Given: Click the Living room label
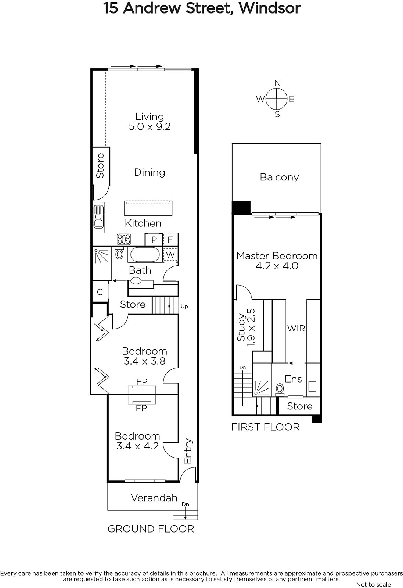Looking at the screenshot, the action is click(x=150, y=117).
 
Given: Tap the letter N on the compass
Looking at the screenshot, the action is click(x=277, y=83).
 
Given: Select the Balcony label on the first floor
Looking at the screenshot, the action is click(x=279, y=177).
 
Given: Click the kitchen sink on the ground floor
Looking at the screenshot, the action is click(x=99, y=217).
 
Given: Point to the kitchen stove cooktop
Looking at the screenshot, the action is click(x=124, y=239).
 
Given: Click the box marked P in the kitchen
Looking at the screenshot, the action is click(x=154, y=240).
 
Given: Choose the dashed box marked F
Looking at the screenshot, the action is click(x=170, y=240).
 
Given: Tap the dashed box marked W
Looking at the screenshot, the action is click(x=170, y=254).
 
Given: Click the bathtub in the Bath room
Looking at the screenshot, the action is click(x=145, y=255).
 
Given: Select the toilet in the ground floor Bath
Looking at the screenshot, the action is click(x=119, y=253).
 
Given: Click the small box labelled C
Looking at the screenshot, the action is click(x=100, y=292).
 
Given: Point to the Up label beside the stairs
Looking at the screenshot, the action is click(x=184, y=306).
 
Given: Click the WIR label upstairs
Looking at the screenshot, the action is click(x=296, y=329).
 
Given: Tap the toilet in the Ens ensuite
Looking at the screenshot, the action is click(x=280, y=390).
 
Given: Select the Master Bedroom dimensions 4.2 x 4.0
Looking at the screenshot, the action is click(x=277, y=266).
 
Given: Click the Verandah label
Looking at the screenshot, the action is click(x=154, y=498).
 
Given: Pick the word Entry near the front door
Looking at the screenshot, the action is click(x=188, y=451).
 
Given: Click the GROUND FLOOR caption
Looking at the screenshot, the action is click(x=151, y=529).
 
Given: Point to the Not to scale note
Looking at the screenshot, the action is click(x=374, y=584).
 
